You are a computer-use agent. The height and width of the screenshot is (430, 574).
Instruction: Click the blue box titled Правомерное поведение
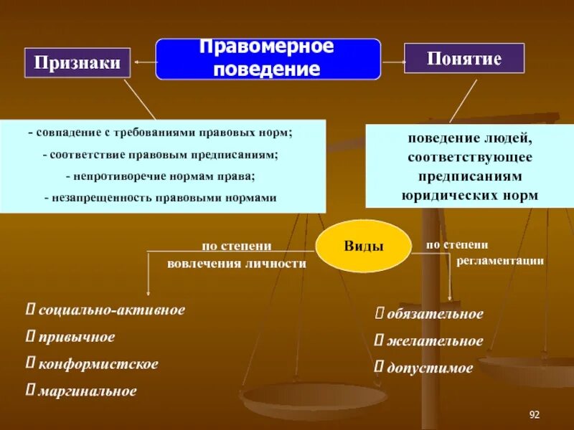[268, 59]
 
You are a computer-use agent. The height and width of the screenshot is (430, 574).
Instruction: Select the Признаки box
[78, 64]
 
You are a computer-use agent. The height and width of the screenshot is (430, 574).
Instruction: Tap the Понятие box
[464, 58]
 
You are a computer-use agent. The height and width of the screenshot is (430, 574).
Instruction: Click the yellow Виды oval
[364, 246]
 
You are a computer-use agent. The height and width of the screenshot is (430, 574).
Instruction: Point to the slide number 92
[534, 415]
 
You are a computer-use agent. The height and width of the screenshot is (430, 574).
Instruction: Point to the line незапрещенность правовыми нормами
[160, 198]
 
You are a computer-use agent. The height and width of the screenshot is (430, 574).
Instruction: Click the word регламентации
[500, 261]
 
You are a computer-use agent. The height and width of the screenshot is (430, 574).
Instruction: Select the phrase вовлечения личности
[237, 263]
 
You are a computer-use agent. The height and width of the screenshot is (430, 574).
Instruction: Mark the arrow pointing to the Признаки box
[143, 63]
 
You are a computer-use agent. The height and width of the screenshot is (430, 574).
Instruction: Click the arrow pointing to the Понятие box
[392, 61]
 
